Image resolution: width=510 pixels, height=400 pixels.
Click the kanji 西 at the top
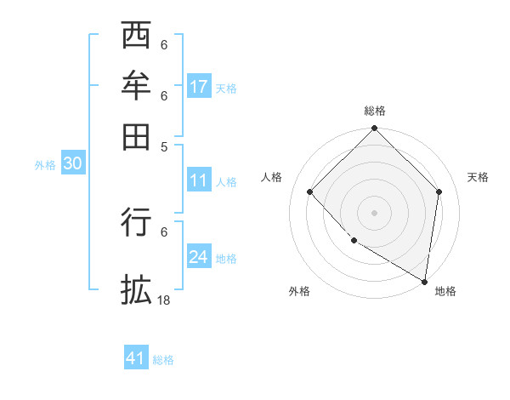coord(137,36)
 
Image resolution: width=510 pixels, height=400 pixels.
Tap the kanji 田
coord(137,134)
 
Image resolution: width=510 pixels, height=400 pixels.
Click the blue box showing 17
coord(199,87)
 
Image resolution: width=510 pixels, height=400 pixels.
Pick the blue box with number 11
coord(199,180)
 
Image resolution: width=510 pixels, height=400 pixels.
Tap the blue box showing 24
coord(199,257)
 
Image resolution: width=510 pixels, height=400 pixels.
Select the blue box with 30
coord(72,164)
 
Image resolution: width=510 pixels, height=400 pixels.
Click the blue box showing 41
coord(136,358)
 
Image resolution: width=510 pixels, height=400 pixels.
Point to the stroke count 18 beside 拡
coord(164,300)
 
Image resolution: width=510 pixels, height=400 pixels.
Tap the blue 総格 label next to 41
coord(163,360)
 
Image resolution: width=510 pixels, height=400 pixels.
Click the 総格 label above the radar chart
coord(374,111)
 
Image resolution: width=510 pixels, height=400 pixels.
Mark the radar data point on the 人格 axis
coord(310,192)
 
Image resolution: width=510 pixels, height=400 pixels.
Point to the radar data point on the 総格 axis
coord(374,129)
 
